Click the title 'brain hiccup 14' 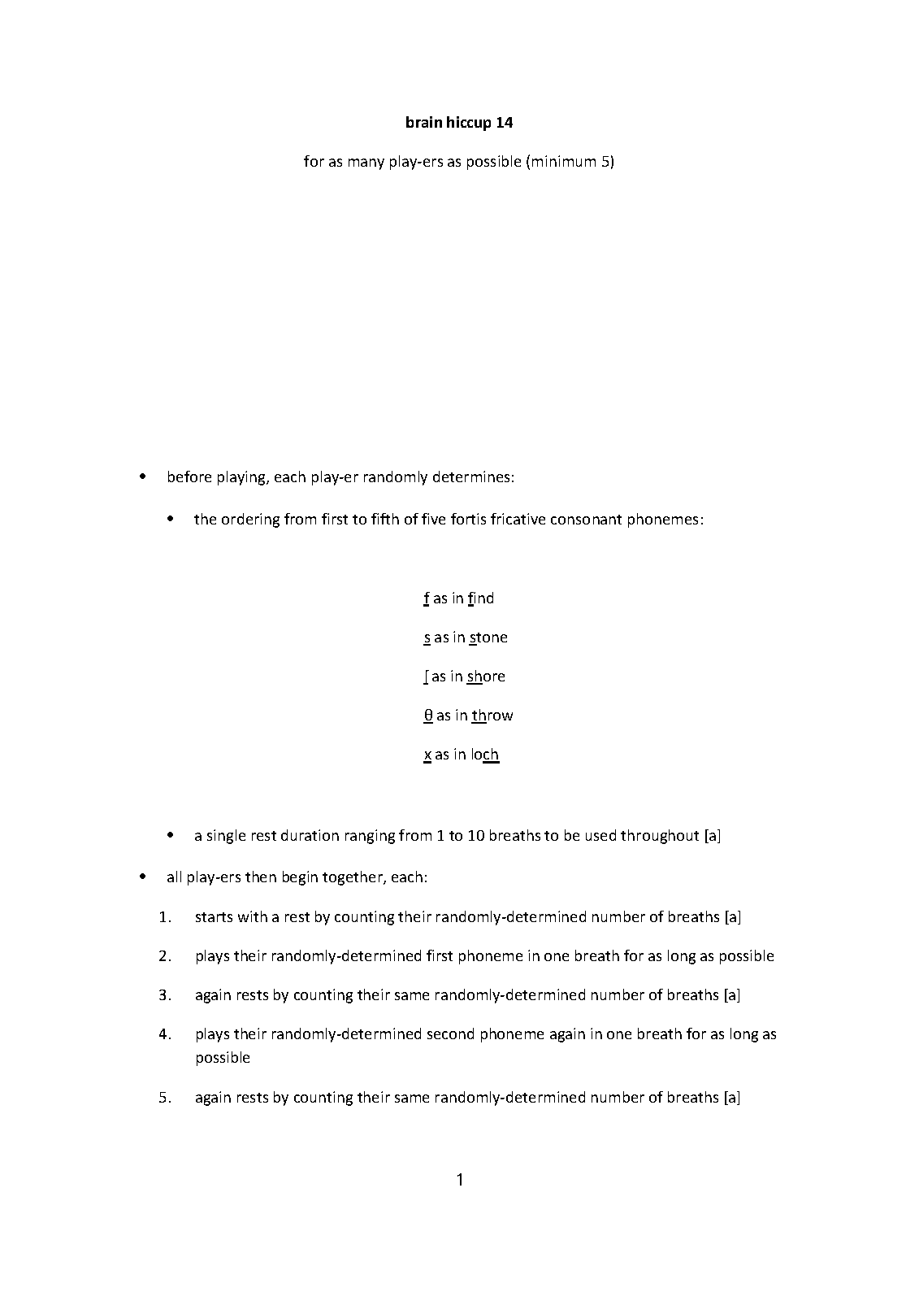[x=459, y=123]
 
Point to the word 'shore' [x=486, y=677]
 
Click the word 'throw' [x=492, y=716]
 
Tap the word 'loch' [x=485, y=755]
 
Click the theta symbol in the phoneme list [x=428, y=716]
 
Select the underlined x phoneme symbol [x=427, y=755]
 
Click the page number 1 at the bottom [x=460, y=1179]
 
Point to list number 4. [x=165, y=1034]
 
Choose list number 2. [x=165, y=956]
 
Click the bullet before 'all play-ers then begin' [x=143, y=877]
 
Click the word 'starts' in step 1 [x=214, y=917]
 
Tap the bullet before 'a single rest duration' [x=171, y=835]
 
